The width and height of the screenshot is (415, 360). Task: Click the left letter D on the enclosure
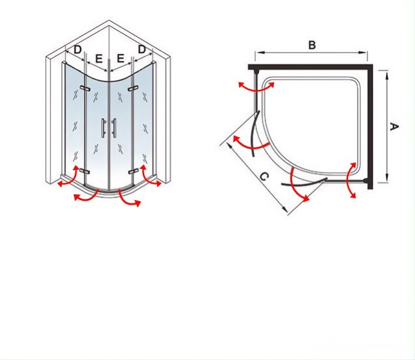77,49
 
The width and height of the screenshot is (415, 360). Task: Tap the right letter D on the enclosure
142,49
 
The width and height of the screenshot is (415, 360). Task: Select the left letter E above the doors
99,58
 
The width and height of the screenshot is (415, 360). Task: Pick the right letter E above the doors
120,58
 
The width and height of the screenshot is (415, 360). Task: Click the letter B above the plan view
312,45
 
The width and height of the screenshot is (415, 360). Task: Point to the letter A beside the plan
394,127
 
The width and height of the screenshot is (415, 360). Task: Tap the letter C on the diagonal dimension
264,176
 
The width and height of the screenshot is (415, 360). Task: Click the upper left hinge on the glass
84,88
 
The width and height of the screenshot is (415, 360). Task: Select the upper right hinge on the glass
133,88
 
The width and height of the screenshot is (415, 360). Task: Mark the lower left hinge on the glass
84,172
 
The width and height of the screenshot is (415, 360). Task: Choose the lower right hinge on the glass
133,172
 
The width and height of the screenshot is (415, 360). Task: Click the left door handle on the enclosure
103,128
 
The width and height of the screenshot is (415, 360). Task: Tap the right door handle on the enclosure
114,128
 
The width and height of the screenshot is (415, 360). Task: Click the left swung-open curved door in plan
254,134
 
